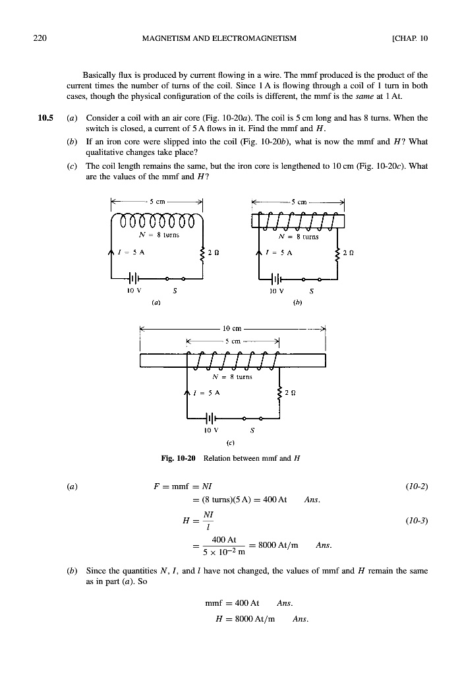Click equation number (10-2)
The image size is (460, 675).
click(x=415, y=486)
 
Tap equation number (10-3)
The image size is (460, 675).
click(x=415, y=520)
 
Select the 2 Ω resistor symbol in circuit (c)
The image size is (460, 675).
click(x=280, y=394)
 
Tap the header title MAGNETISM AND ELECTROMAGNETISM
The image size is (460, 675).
click(x=219, y=38)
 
